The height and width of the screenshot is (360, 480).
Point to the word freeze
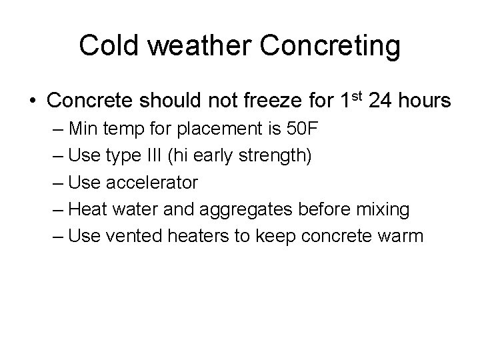[261, 101]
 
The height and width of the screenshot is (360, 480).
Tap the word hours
[426, 101]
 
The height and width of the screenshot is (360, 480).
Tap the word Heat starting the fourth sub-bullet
[86, 209]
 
